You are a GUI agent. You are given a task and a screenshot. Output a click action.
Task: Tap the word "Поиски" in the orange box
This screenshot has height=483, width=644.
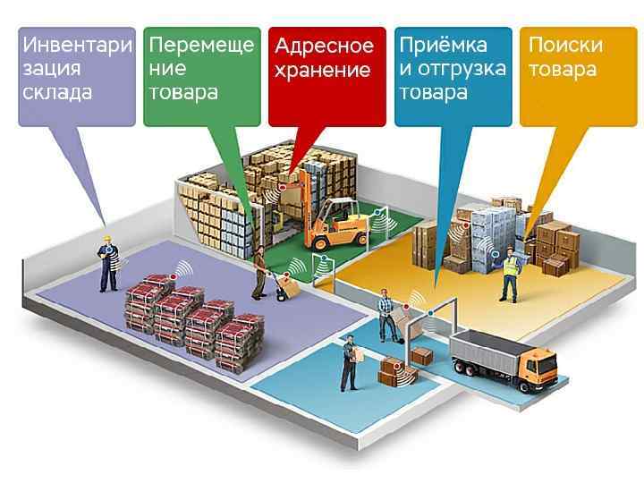tap(565, 45)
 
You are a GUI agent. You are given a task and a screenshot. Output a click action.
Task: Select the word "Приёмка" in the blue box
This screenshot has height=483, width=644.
tap(443, 45)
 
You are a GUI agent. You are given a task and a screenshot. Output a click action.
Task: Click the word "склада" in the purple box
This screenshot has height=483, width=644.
tap(56, 92)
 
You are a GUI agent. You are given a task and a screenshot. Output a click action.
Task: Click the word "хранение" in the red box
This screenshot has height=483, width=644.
tap(323, 71)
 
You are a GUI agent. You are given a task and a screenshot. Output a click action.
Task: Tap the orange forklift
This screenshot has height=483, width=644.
tap(335, 224)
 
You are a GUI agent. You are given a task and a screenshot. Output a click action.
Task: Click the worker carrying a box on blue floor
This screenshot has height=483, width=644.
tap(350, 362)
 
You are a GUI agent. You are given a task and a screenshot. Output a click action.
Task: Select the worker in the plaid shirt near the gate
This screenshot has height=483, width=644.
tap(386, 315)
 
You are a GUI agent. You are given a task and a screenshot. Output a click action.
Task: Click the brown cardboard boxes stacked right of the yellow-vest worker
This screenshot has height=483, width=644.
tap(555, 246)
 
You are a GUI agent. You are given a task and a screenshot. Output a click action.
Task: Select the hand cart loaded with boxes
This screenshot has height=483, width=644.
tap(287, 285)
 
